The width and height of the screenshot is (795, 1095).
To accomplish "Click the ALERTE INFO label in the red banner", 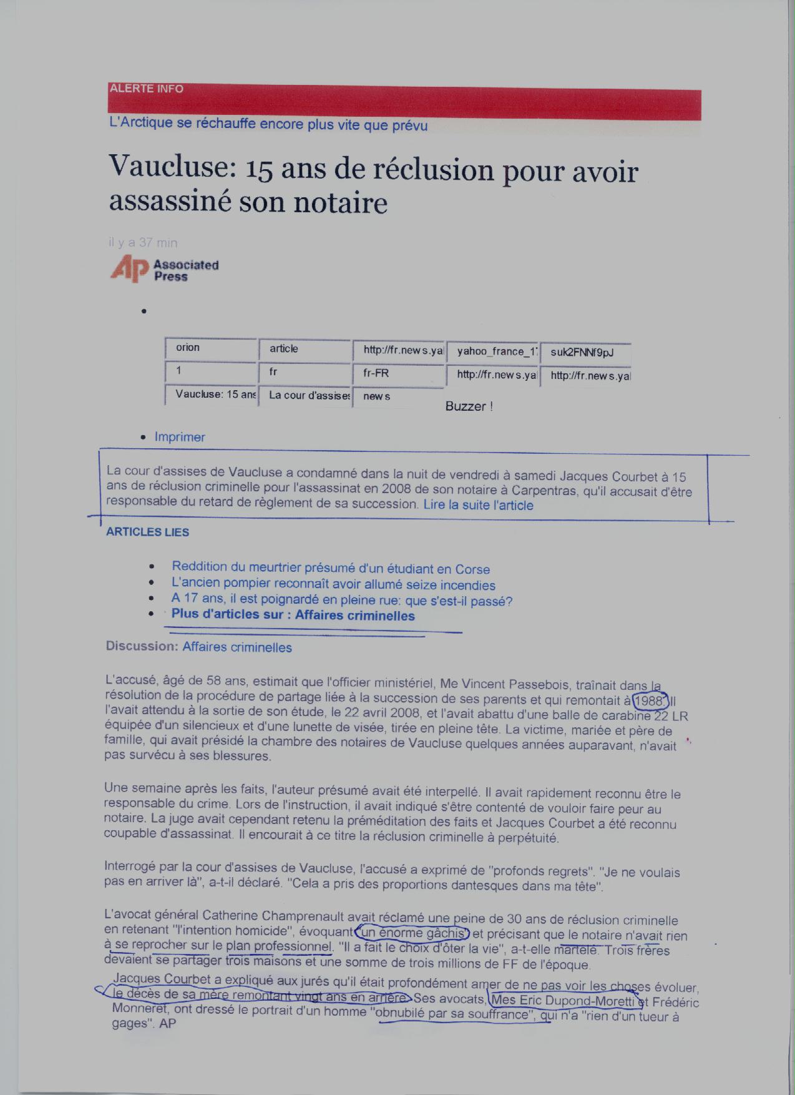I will point(146,89).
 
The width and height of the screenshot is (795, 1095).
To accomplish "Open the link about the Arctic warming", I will point(268,124).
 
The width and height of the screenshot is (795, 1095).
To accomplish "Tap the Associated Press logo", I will point(164,269).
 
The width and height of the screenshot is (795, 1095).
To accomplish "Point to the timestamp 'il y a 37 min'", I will point(143,242).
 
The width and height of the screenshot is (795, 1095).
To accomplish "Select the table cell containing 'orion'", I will point(211,348).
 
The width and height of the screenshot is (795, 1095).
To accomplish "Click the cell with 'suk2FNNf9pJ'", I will point(585,353).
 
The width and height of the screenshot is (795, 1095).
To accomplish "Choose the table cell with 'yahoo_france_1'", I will point(492,352).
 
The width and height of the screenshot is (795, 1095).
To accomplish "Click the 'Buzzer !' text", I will point(469,406).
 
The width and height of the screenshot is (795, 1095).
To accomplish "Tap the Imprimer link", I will point(180,437).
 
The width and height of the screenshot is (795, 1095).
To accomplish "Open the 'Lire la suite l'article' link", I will point(478,505).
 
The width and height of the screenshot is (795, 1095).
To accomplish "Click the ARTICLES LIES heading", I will point(147,532).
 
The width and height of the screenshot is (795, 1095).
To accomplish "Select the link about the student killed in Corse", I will point(331,568).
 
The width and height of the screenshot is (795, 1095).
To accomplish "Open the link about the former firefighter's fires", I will point(333,585).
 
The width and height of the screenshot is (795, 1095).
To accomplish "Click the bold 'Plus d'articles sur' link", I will point(293,615).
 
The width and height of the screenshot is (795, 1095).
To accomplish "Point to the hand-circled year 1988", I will point(650,700).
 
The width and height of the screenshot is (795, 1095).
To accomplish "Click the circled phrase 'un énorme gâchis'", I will point(412,933).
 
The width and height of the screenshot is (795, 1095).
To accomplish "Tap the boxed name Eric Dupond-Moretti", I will point(565,1001).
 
